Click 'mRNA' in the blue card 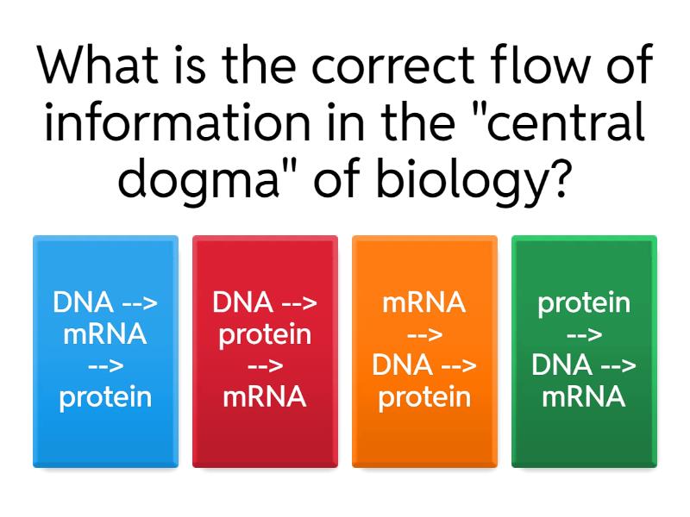(105, 334)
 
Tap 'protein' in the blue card (105, 397)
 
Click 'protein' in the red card (265, 334)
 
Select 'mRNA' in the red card (265, 397)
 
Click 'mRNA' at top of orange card (424, 303)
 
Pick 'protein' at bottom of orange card (424, 397)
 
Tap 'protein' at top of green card (584, 303)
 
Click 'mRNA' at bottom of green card (584, 397)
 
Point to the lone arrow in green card (584, 334)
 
